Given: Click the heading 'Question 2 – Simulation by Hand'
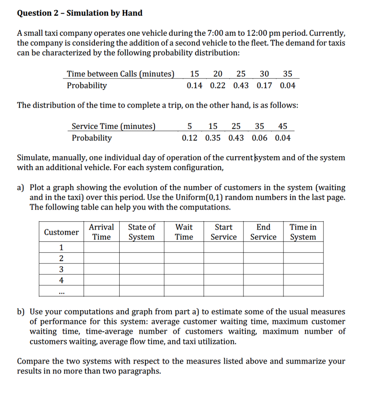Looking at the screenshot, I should pyautogui.click(x=80, y=13).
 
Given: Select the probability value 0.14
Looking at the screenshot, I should pyautogui.click(x=194, y=86).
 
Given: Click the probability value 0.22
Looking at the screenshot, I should pyautogui.click(x=218, y=86).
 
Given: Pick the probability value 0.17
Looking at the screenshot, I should pyautogui.click(x=265, y=86).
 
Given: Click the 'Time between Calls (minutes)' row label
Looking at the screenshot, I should pyautogui.click(x=120, y=74).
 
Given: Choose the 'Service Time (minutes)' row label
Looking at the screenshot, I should pyautogui.click(x=113, y=126).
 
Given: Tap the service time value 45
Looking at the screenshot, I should pyautogui.click(x=282, y=126).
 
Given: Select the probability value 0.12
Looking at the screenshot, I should pyautogui.click(x=190, y=138).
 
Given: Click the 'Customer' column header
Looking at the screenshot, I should pyautogui.click(x=61, y=232).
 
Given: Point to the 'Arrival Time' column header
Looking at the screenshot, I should pyautogui.click(x=101, y=232).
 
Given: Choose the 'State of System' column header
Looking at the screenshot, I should pyautogui.click(x=142, y=232).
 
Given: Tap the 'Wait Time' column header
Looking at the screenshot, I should pyautogui.click(x=184, y=232).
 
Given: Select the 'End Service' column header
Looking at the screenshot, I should pyautogui.click(x=263, y=232).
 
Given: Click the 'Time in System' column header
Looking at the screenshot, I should pyautogui.click(x=303, y=232).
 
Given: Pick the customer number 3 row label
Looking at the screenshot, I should pyautogui.click(x=61, y=269).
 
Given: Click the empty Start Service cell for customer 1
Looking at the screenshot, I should pyautogui.click(x=223, y=247).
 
